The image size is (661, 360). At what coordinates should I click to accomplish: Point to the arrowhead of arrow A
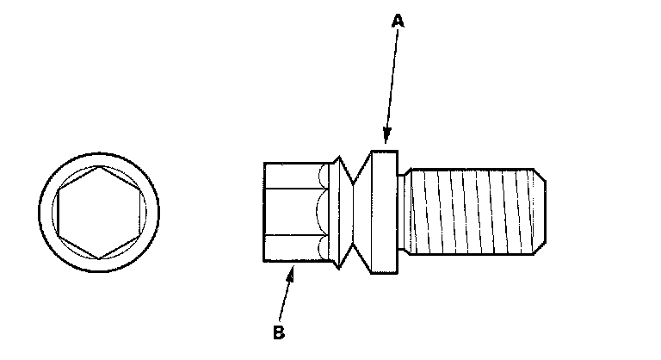pyautogui.click(x=386, y=141)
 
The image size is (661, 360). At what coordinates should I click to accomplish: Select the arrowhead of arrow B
pyautogui.click(x=292, y=269)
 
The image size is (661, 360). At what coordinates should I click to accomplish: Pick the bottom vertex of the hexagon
pyautogui.click(x=101, y=256)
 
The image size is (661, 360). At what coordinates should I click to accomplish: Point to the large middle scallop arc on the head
pyautogui.click(x=322, y=211)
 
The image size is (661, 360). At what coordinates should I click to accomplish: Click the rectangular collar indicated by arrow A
pyautogui.click(x=384, y=211)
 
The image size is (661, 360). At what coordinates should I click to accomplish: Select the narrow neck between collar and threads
pyautogui.click(x=404, y=211)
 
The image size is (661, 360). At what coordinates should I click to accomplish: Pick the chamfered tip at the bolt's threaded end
pyautogui.click(x=541, y=211)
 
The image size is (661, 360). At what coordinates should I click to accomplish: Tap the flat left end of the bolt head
pyautogui.click(x=264, y=211)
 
